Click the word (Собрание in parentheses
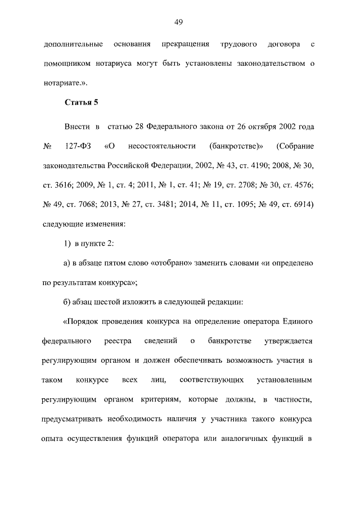pos(295,146)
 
